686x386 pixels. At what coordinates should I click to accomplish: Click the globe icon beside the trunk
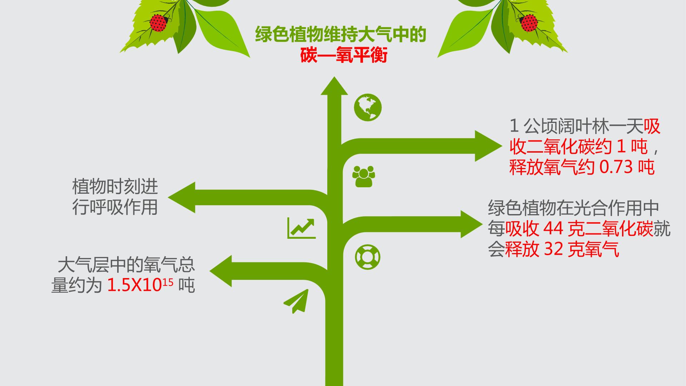[368, 107]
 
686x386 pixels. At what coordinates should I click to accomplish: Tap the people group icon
[364, 176]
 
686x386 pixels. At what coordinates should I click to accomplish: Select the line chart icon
[302, 228]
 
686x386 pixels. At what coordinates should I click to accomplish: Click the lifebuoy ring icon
[368, 257]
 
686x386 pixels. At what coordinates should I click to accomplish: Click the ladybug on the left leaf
[159, 23]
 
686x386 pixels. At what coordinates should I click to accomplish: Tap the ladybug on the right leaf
[528, 23]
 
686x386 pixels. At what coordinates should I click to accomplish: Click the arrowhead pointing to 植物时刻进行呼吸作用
[182, 197]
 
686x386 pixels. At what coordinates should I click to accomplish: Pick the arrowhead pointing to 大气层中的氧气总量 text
[220, 271]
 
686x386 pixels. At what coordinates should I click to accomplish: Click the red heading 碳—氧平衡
[344, 56]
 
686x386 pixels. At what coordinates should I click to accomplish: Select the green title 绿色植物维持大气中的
[341, 35]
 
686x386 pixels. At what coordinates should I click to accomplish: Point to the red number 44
[552, 229]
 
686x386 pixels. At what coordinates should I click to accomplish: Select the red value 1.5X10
[135, 286]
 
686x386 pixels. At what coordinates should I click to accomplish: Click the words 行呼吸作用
[115, 207]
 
